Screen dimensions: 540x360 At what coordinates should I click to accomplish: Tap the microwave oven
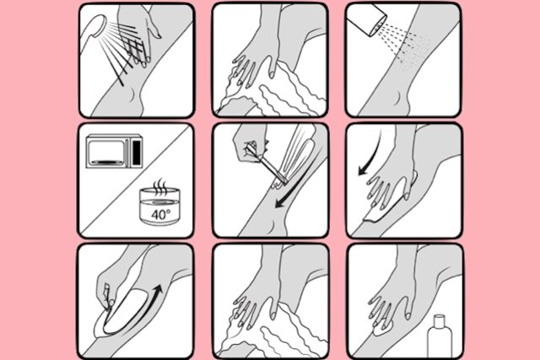(115, 152)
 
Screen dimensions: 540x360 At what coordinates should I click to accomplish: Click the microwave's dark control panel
(137, 152)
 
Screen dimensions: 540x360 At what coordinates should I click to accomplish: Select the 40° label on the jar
(160, 215)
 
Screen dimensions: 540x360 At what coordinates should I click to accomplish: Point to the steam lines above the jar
(159, 187)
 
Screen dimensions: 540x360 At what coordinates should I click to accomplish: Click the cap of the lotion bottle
(439, 320)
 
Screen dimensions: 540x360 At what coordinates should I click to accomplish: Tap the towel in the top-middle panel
(276, 91)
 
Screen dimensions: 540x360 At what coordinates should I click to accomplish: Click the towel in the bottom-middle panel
(276, 330)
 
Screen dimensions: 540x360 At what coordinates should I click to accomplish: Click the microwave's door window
(107, 152)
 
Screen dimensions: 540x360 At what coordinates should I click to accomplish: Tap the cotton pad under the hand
(383, 330)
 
